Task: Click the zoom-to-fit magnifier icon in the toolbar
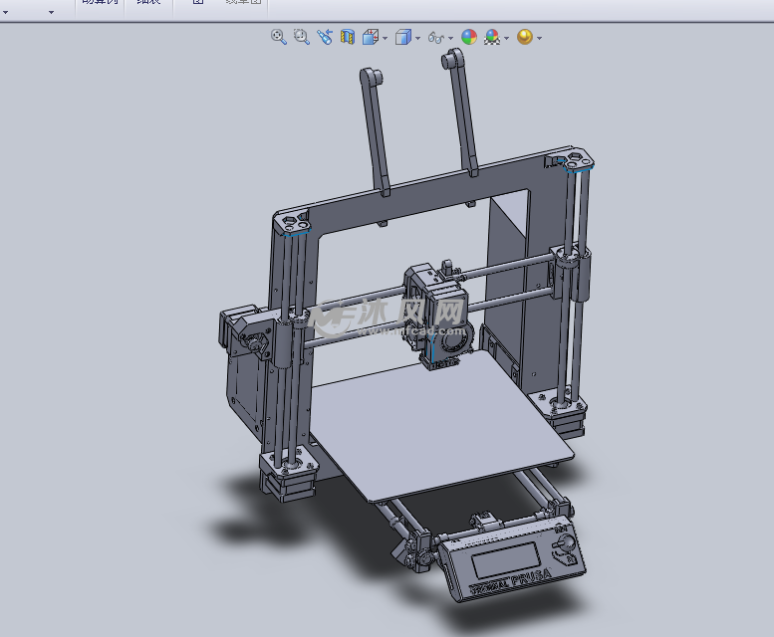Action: (x=279, y=37)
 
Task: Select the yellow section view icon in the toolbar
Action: (x=348, y=37)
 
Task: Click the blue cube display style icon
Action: (x=403, y=38)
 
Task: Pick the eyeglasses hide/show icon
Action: (x=435, y=38)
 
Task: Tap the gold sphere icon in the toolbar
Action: (x=524, y=37)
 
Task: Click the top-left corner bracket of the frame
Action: (x=293, y=222)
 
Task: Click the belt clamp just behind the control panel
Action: (x=483, y=521)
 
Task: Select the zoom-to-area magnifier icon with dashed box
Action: (x=302, y=37)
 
